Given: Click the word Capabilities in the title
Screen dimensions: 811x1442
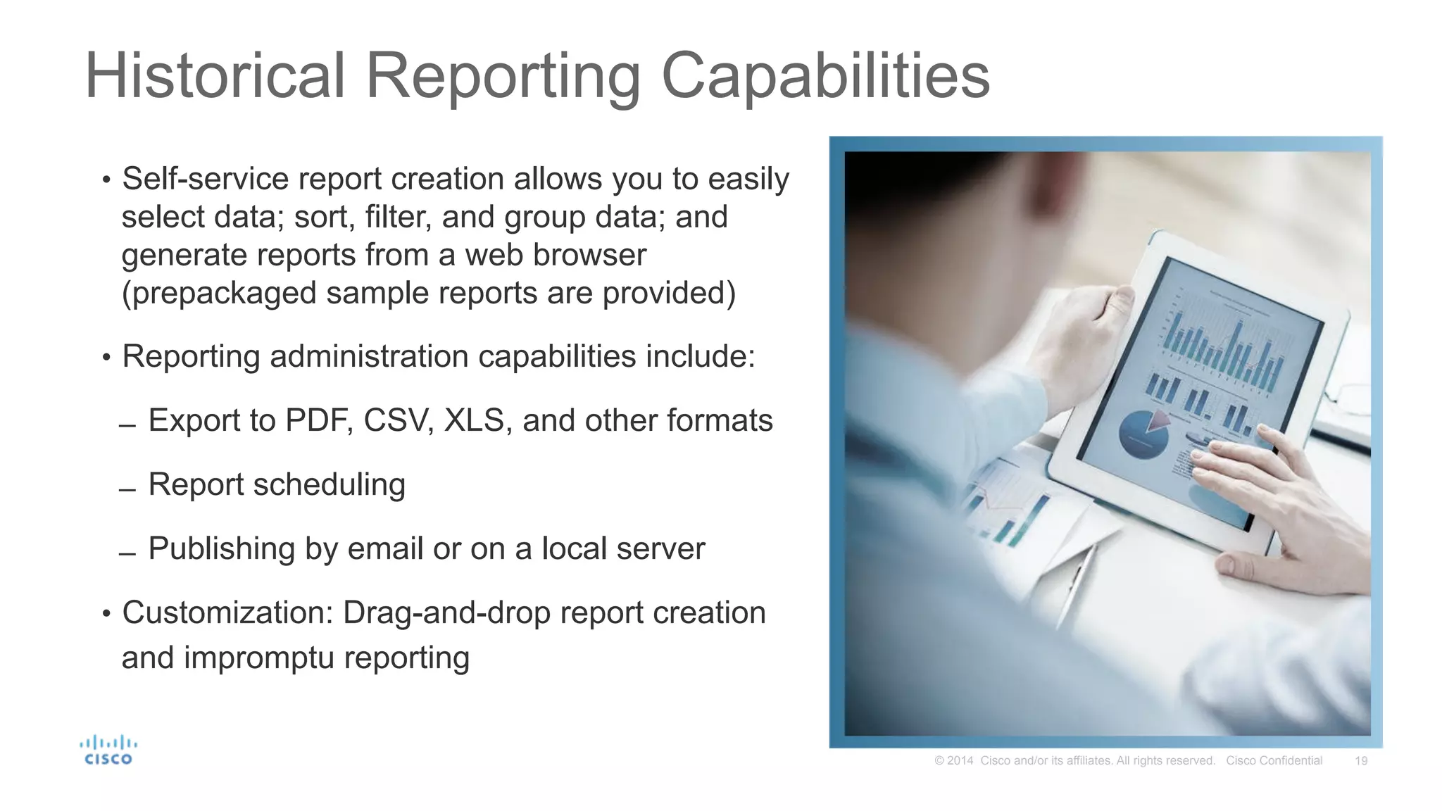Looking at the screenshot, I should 825,76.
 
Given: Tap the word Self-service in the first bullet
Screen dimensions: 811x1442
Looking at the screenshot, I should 205,179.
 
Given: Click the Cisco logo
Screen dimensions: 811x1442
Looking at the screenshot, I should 108,750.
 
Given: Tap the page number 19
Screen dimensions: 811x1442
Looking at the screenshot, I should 1361,761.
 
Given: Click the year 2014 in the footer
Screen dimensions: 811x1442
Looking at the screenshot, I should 960,761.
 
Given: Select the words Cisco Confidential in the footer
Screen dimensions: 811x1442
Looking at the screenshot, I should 1274,761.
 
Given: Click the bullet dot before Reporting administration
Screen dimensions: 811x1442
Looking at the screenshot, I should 106,358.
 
